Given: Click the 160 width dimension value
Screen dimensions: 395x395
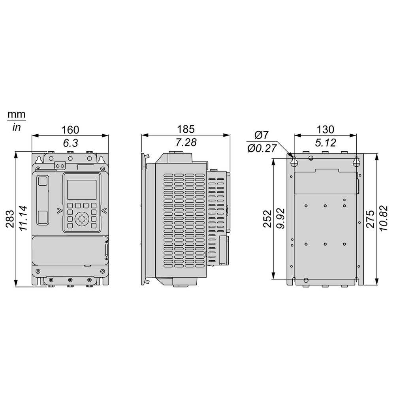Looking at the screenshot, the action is [70, 130].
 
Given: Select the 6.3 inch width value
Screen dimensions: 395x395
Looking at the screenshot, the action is [70, 143].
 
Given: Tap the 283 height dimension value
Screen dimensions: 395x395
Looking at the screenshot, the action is [11, 219].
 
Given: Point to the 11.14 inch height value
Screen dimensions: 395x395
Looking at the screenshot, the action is [23, 218].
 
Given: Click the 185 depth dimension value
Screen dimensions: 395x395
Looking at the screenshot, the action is [186, 129].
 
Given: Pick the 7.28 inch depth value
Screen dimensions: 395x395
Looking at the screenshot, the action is [186, 142].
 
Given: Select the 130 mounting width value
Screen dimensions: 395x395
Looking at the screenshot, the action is [325, 130].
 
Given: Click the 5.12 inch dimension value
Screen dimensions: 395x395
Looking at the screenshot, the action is [325, 143].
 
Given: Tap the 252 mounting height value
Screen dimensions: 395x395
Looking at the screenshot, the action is [268, 219].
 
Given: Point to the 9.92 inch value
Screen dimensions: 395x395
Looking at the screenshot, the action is [280, 218].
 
